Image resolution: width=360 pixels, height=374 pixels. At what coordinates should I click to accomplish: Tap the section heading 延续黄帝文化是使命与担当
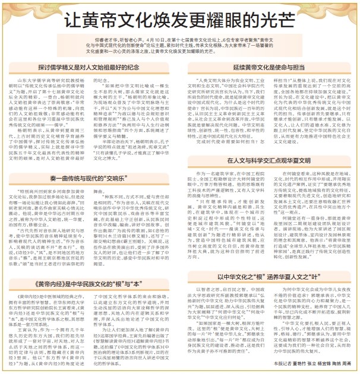pyautogui.click(x=269, y=67)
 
